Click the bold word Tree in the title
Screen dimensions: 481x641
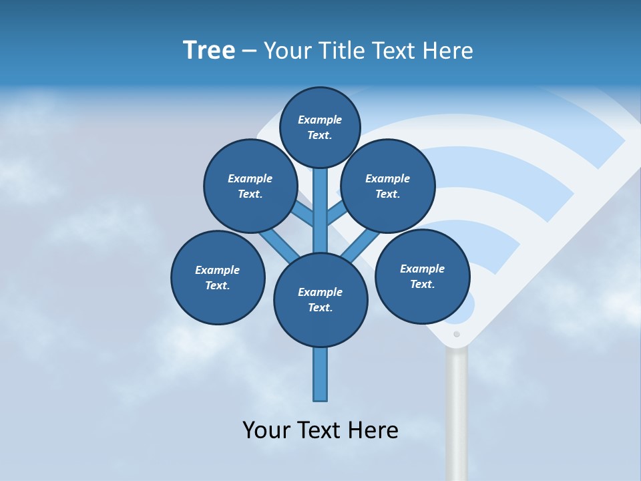click(209, 50)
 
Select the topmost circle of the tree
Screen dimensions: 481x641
click(320, 127)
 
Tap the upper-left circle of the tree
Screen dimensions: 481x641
click(250, 186)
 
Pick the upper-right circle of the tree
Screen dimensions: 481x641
click(388, 186)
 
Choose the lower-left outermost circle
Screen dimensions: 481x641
click(218, 278)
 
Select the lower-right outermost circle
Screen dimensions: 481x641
click(423, 277)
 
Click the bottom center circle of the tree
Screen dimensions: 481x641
click(320, 300)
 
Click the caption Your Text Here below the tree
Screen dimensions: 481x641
click(320, 430)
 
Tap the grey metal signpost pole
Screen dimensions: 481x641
click(457, 414)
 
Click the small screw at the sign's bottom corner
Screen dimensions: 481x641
click(457, 334)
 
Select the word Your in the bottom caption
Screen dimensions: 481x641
click(266, 430)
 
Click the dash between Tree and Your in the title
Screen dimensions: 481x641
click(249, 51)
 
